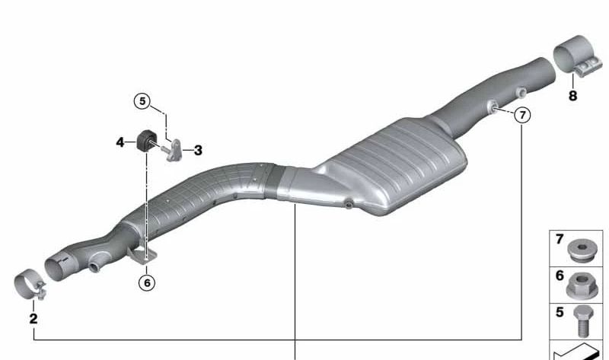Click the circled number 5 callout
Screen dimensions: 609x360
click(142, 101)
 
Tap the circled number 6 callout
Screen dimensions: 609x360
click(147, 282)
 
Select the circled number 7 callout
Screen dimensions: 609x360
click(522, 115)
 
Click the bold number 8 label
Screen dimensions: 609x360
click(573, 96)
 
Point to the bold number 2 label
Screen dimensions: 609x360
click(33, 318)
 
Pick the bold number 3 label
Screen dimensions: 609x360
click(198, 150)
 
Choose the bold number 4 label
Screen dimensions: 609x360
click(120, 142)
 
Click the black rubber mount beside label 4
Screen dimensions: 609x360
click(147, 141)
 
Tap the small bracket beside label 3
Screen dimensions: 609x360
click(174, 150)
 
